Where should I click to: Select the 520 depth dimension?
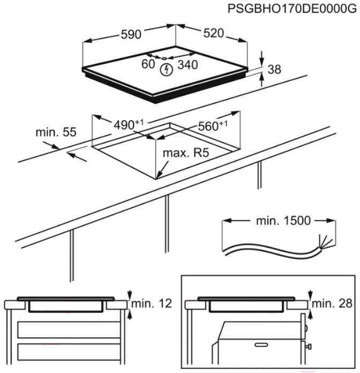(x=213, y=33)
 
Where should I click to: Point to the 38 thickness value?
(x=274, y=69)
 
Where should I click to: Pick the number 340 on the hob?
(x=187, y=65)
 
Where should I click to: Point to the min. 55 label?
(x=56, y=132)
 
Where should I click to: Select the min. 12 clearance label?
(x=153, y=304)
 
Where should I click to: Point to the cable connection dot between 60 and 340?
(x=164, y=57)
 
